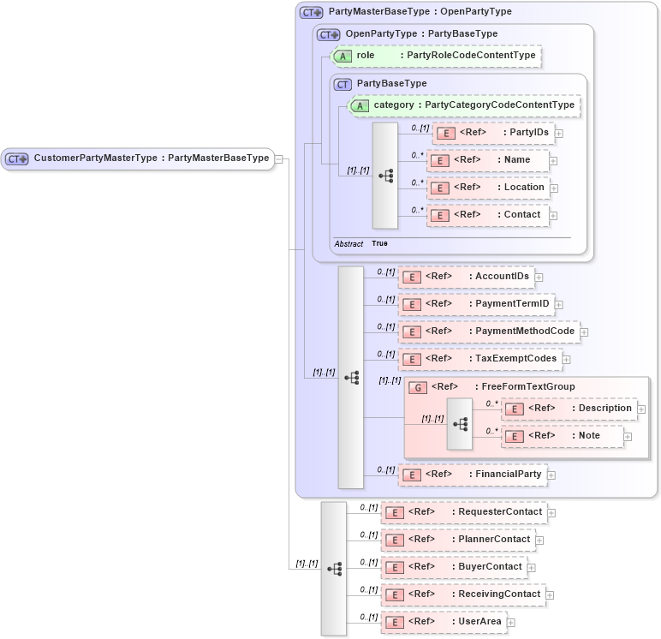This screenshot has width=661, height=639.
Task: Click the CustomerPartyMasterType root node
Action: (x=137, y=158)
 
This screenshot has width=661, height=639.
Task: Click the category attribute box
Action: (x=463, y=105)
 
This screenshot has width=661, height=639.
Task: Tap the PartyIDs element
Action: (x=492, y=133)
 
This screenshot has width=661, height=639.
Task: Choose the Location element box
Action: (x=488, y=188)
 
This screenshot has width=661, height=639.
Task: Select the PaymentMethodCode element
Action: (x=488, y=331)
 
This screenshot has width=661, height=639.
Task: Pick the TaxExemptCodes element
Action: (x=479, y=359)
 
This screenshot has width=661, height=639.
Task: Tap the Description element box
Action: (x=569, y=409)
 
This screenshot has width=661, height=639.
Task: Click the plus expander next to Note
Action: (x=628, y=437)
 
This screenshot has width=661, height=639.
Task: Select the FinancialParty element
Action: (x=473, y=475)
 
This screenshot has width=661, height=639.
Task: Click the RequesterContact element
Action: (x=463, y=512)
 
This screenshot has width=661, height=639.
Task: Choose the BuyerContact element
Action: (x=453, y=567)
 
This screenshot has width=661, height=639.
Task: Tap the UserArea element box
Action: (x=444, y=622)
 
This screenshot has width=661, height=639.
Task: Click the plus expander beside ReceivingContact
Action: (x=550, y=595)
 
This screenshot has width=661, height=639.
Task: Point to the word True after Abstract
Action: (x=379, y=244)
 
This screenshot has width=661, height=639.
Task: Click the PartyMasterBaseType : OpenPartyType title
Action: (x=420, y=12)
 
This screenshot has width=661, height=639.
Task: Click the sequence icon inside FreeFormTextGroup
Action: (x=460, y=424)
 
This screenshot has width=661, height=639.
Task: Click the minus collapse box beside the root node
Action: (x=279, y=158)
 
